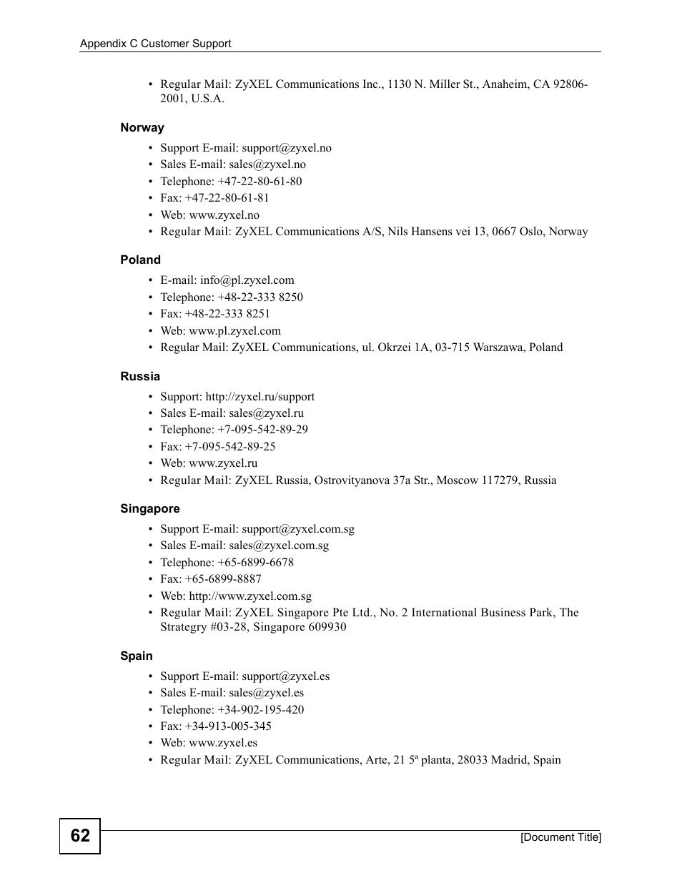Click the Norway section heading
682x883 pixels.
[x=142, y=128]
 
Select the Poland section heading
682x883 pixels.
[x=140, y=260]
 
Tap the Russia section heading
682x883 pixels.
[x=140, y=377]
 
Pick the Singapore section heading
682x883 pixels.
[x=150, y=509]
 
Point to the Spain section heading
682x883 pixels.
[x=137, y=656]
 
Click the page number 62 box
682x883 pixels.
[x=80, y=836]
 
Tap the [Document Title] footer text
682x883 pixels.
[x=560, y=837]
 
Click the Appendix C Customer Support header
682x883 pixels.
[x=155, y=44]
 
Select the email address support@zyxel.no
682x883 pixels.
[x=287, y=148]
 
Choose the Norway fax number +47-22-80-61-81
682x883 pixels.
[x=227, y=198]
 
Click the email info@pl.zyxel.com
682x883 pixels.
[x=247, y=280]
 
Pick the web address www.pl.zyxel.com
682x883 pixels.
[x=234, y=331]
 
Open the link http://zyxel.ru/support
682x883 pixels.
[x=260, y=397]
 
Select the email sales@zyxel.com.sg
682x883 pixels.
[x=279, y=546]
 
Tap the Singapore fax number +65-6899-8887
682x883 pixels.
[x=223, y=579]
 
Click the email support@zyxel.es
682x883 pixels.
[x=286, y=676]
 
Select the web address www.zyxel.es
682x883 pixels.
[x=223, y=743]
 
